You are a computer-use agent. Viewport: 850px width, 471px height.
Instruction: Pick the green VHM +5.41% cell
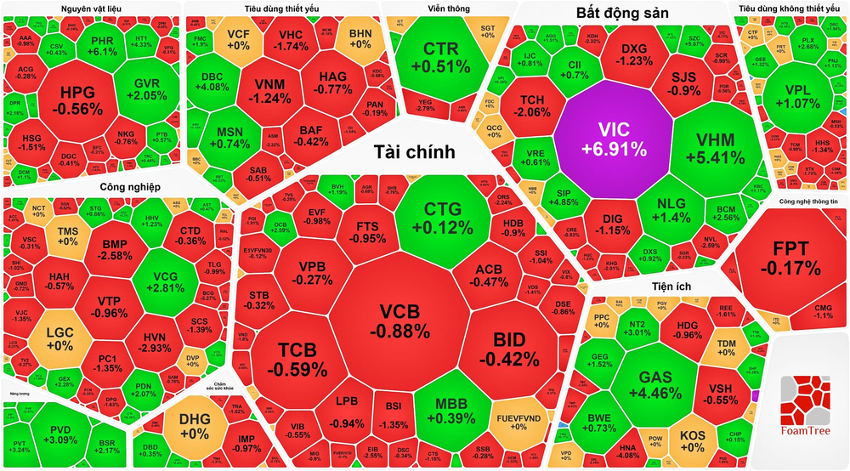[714, 148]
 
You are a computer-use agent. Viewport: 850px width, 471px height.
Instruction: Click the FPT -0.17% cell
[785, 258]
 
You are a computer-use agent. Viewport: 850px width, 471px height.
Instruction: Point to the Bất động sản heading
[622, 14]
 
